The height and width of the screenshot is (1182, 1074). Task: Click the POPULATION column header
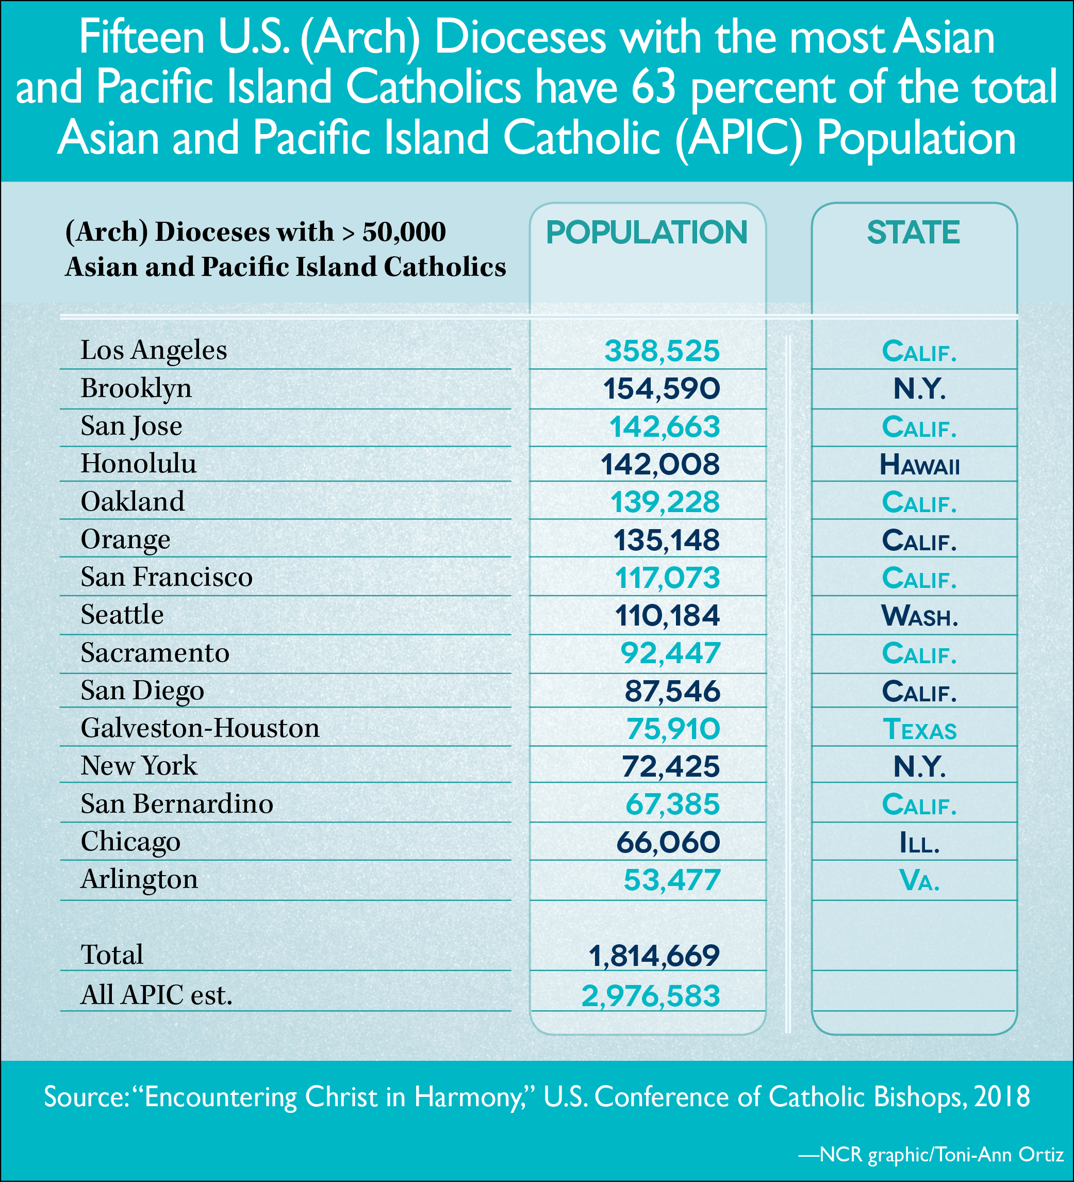click(647, 233)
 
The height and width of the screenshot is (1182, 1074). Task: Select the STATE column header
click(913, 233)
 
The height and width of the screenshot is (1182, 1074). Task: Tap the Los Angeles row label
click(154, 350)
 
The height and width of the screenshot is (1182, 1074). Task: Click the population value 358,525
click(662, 351)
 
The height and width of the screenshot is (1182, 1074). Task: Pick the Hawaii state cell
click(919, 465)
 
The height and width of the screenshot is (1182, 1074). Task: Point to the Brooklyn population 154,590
click(662, 389)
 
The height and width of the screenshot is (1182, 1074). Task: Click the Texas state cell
click(919, 729)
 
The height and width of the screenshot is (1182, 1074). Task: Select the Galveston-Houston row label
click(200, 728)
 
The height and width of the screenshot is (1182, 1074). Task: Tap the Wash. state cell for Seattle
click(919, 616)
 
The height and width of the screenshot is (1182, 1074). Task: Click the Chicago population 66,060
click(668, 843)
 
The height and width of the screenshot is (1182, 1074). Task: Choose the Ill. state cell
click(919, 843)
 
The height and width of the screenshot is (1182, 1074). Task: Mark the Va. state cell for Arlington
click(919, 880)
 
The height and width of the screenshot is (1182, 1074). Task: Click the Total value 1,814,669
click(654, 956)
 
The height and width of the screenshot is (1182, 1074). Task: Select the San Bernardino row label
click(176, 804)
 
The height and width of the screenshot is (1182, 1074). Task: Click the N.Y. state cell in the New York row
click(919, 767)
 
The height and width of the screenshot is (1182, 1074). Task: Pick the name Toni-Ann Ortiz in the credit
click(1000, 1155)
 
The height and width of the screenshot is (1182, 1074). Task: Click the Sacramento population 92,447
click(670, 653)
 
